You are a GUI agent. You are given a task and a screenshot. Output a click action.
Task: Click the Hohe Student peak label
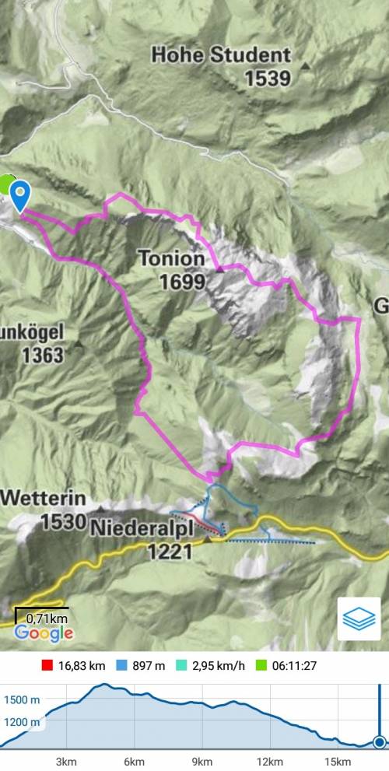(221, 55)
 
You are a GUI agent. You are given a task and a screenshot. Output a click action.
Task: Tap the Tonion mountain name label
(171, 258)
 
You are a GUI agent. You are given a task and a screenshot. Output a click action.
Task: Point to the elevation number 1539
(267, 79)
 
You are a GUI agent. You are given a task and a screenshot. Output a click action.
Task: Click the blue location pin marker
(19, 195)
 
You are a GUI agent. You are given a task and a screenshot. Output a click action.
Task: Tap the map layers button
(359, 619)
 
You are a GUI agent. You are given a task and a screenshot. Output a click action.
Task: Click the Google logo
(44, 633)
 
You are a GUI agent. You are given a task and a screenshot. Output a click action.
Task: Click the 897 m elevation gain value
(149, 666)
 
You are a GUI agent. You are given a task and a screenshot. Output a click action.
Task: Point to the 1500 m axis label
(22, 700)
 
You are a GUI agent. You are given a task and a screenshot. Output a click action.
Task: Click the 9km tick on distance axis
(202, 761)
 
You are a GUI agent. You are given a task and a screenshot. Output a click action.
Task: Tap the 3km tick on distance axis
(66, 761)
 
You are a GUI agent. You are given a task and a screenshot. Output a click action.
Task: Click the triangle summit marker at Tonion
(220, 269)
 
